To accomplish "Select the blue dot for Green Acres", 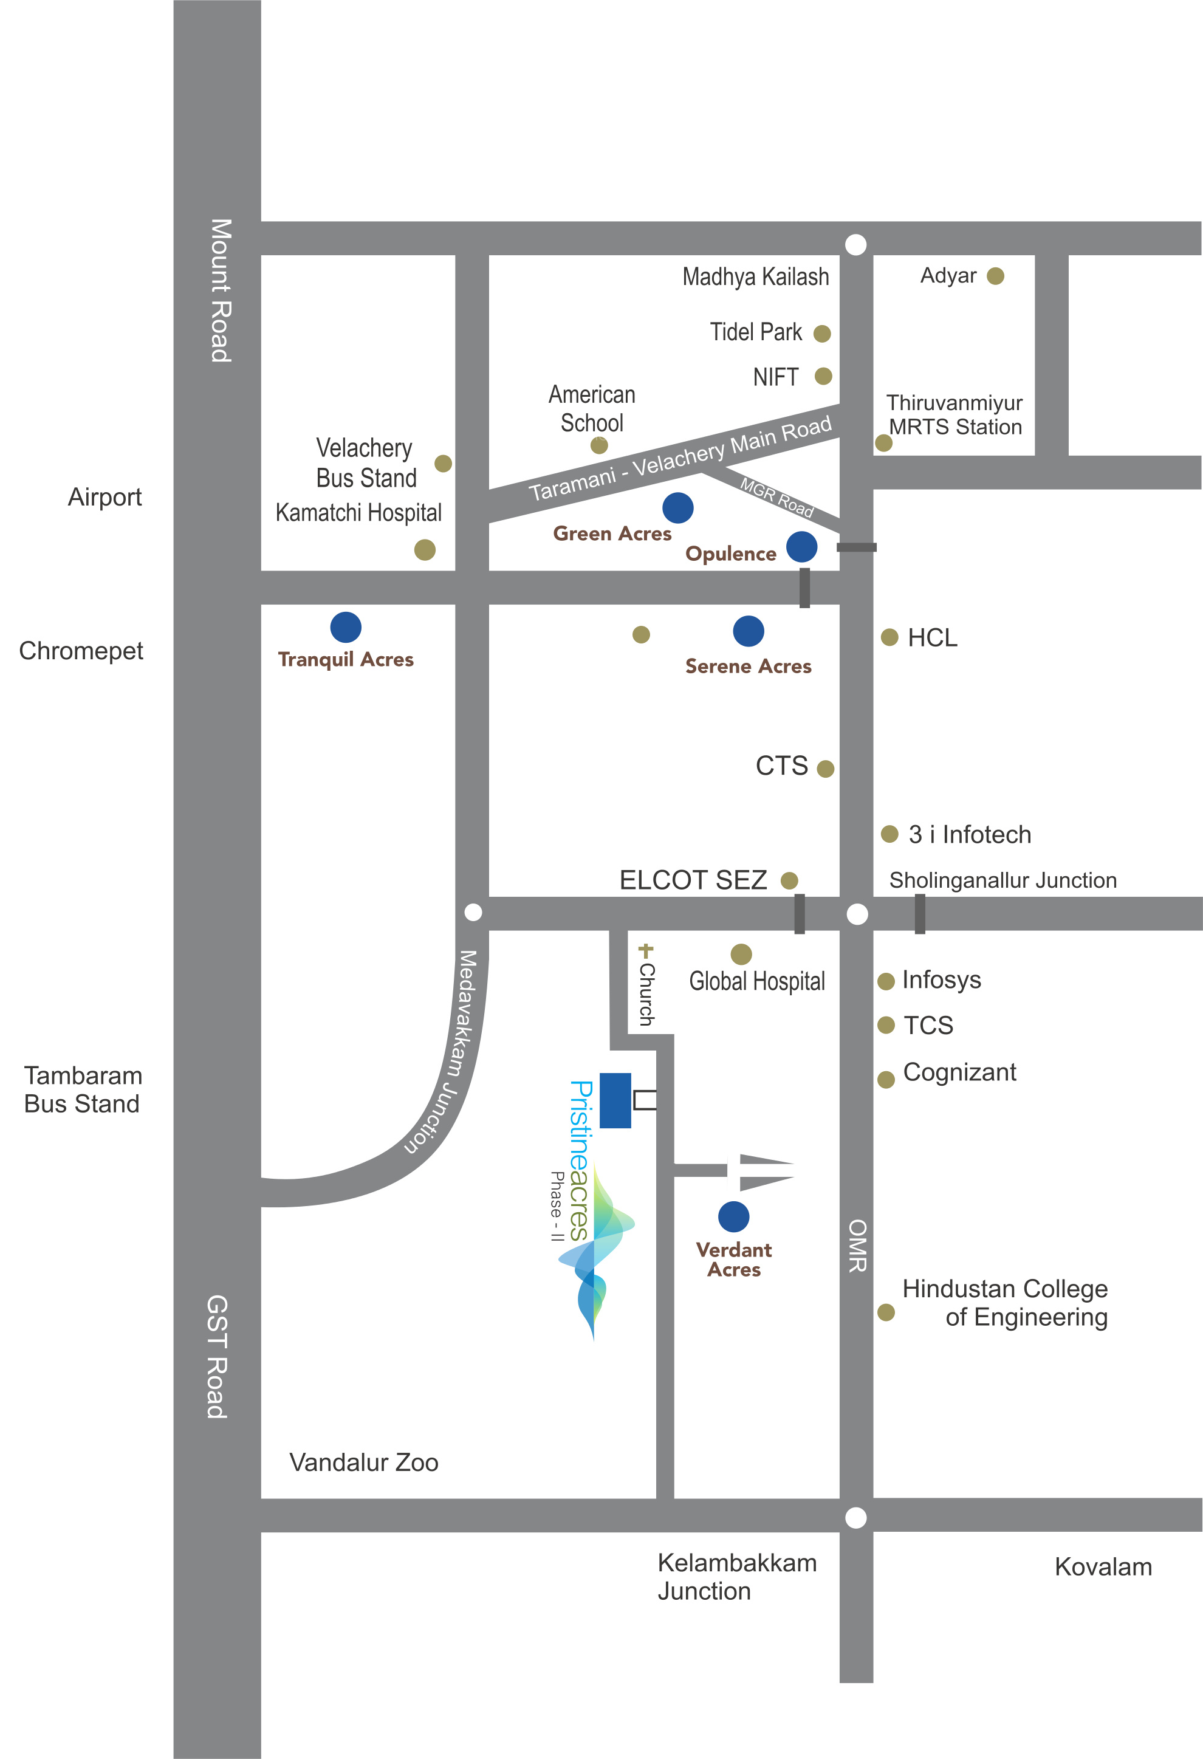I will pos(677,507).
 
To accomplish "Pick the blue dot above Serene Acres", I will pos(748,631).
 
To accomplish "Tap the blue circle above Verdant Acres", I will pos(733,1216).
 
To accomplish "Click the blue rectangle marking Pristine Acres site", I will pos(615,1100).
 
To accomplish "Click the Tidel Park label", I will pos(756,332).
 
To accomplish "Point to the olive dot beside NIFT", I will pos(823,376).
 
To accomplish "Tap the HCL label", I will pos(932,638).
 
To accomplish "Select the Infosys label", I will pos(941,980).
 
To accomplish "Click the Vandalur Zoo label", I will pos(363,1462).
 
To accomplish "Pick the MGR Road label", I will pos(776,497).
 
